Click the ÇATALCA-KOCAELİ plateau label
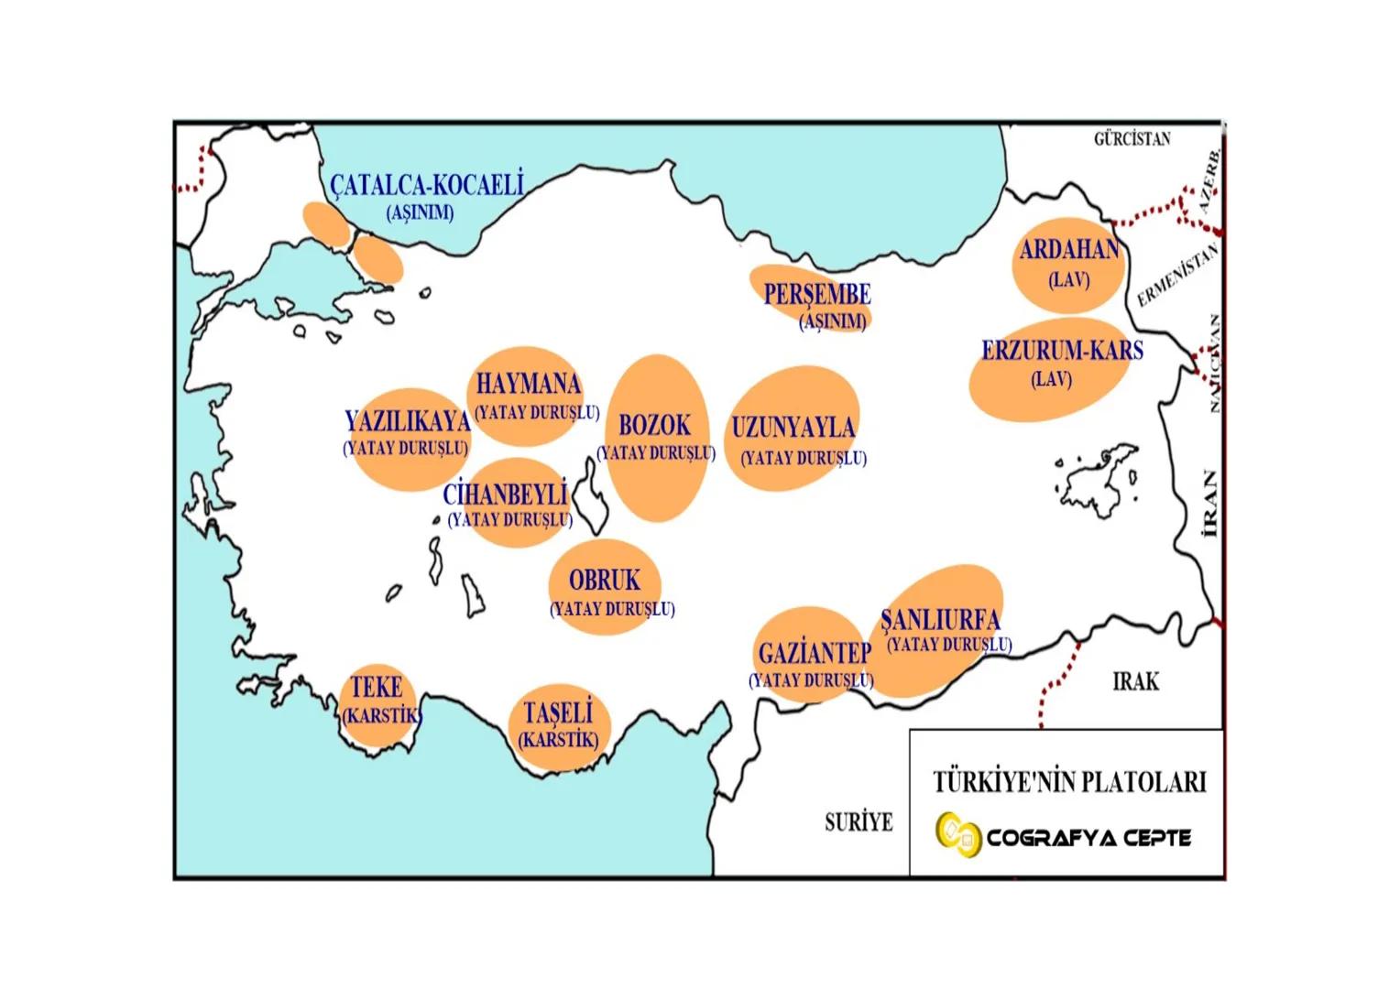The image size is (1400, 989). (x=427, y=186)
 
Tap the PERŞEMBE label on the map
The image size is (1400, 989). (x=817, y=294)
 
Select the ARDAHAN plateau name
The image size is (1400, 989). (x=1069, y=250)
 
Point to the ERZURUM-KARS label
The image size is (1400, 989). (x=1062, y=350)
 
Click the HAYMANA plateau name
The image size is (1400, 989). (x=529, y=383)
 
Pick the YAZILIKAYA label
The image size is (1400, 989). (x=408, y=421)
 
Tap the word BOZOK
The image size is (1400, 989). (x=655, y=425)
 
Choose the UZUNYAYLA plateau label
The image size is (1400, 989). (x=793, y=428)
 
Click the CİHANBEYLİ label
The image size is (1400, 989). (x=506, y=494)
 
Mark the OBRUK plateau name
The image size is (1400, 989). (x=605, y=580)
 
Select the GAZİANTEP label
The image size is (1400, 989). (x=815, y=654)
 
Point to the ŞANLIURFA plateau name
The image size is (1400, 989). (x=940, y=619)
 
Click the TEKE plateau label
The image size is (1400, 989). (x=377, y=687)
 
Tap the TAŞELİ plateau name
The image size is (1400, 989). (x=558, y=712)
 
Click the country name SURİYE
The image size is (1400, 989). (x=859, y=822)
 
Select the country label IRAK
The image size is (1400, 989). (x=1135, y=681)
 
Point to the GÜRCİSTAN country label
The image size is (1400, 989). (x=1132, y=139)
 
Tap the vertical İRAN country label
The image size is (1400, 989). (x=1211, y=504)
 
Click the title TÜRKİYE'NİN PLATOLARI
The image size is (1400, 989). (x=1069, y=782)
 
